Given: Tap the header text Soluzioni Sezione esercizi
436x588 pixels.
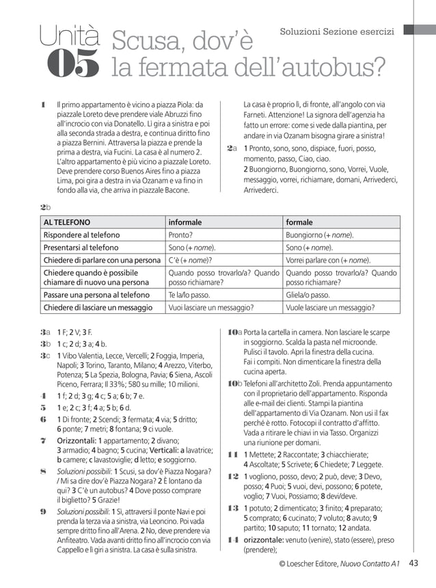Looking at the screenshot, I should (337, 31).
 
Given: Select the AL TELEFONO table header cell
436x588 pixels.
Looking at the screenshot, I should (67, 222).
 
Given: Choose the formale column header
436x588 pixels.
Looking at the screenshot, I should (299, 222).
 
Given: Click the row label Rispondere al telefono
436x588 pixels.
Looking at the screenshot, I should (81, 235).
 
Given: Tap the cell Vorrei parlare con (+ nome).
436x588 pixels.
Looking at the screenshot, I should (328, 260).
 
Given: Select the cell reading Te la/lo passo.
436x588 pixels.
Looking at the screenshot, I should (187, 295).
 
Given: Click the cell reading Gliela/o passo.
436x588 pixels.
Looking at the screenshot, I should (308, 295).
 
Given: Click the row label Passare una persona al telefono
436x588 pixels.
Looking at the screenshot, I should (96, 295).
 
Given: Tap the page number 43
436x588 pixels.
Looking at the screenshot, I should (413, 563).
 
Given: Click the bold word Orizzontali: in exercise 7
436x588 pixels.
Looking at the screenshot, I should (80, 441).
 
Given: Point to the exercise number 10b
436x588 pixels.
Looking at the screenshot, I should (234, 384).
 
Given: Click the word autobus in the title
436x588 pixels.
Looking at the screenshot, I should (326, 67).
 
